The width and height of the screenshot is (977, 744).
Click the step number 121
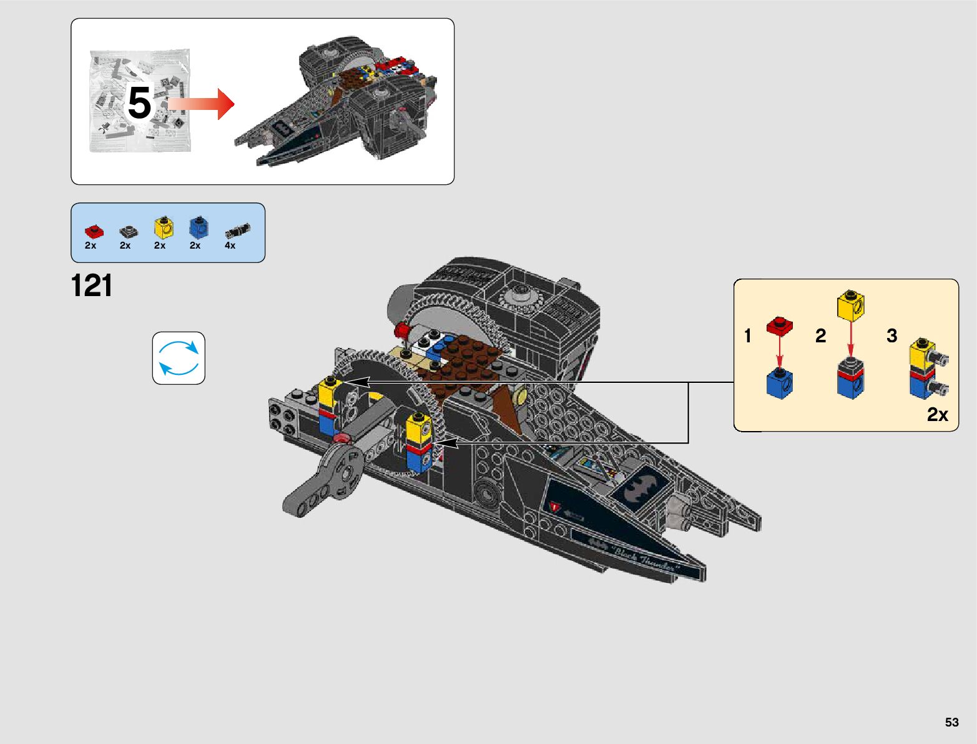pos(92,286)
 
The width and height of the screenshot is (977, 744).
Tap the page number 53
pos(951,722)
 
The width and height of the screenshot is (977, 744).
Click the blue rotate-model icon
pos(179,358)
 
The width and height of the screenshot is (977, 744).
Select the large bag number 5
pos(139,102)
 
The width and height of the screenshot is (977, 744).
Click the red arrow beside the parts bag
pos(201,104)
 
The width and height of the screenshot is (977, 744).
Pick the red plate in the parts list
pos(94,231)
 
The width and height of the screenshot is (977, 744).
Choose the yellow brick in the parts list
pos(164,227)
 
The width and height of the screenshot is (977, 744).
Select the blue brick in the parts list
pos(199,227)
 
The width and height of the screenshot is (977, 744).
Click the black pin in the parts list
pos(237,231)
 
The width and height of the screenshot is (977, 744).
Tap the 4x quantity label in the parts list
pos(230,246)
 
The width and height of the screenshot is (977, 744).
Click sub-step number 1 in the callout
pos(748,336)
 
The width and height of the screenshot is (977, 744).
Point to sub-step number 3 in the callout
pos(892,336)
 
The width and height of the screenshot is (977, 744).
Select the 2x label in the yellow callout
pos(937,415)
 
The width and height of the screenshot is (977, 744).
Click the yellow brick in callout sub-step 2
pos(850,305)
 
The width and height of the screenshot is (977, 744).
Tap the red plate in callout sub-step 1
pos(779,325)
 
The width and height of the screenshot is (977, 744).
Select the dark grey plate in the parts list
pos(129,232)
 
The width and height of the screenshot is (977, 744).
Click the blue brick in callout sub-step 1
pos(780,382)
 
